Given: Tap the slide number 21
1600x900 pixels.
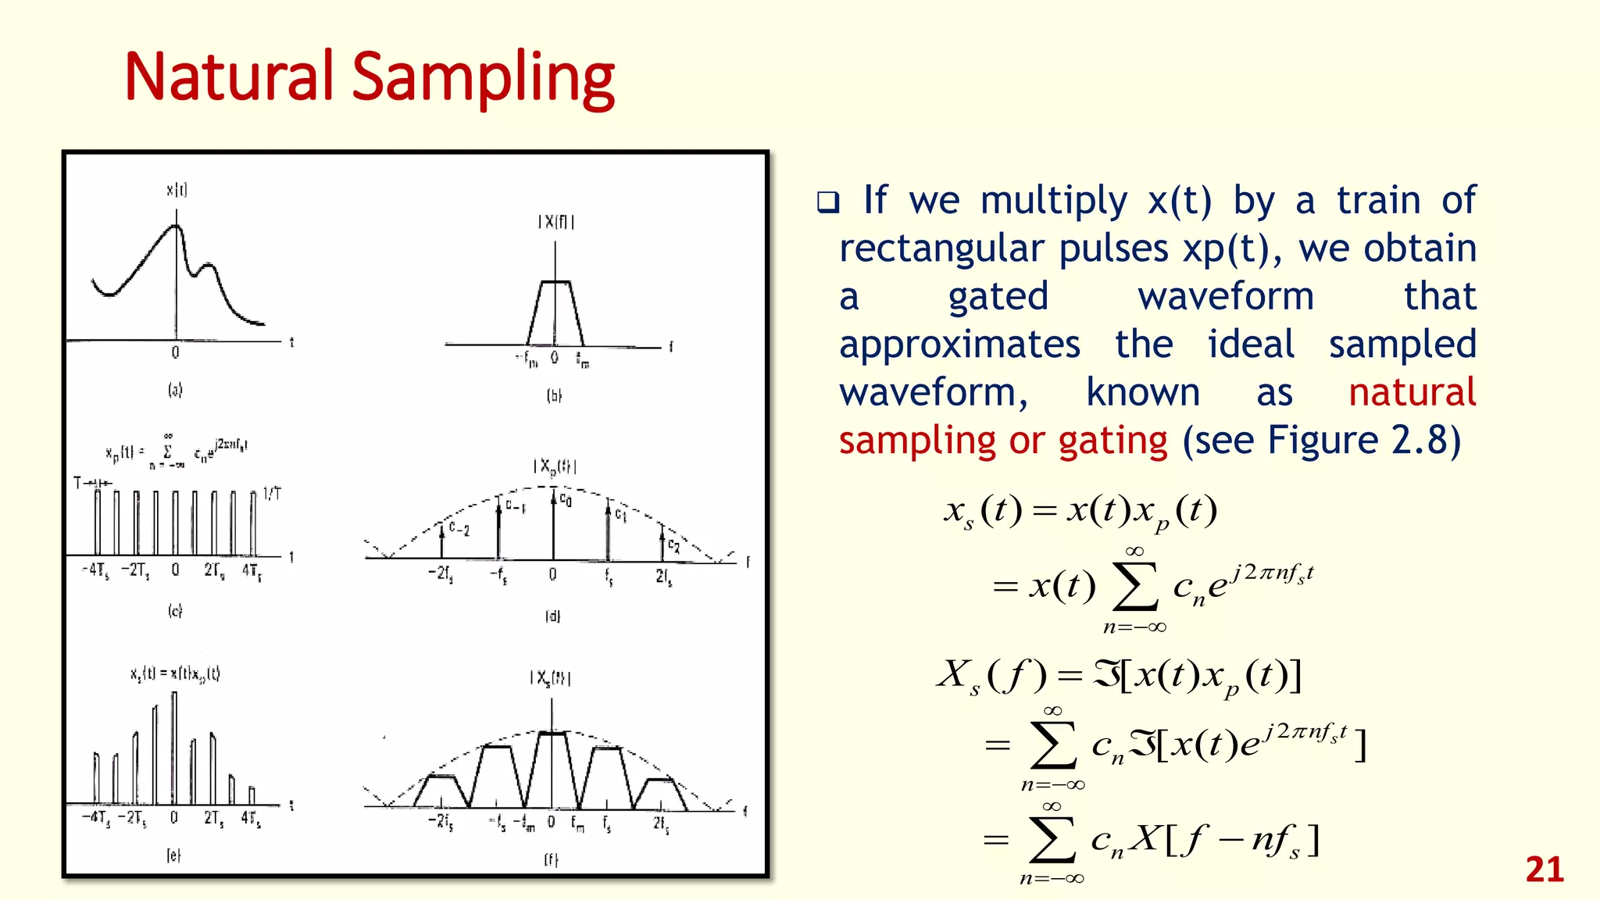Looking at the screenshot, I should click(1544, 870).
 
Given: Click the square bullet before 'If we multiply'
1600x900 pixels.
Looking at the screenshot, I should click(827, 202).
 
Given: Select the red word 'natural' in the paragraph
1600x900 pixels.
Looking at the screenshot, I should click(1412, 392).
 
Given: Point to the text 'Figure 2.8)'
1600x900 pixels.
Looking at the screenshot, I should click(1363, 441).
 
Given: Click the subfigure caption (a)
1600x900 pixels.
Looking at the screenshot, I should click(175, 389).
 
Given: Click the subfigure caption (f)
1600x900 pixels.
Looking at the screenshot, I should click(552, 859).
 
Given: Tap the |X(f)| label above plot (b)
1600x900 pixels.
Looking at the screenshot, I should click(555, 222).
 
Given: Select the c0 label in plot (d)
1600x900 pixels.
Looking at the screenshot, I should click(566, 498).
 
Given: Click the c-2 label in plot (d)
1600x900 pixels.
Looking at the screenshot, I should click(459, 530).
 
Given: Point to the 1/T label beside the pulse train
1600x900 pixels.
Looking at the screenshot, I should click(272, 494).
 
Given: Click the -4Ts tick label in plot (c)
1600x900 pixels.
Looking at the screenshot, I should click(95, 570).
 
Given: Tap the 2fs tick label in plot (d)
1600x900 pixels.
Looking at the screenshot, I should click(663, 577).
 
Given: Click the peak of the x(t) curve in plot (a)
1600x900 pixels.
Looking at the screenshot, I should click(177, 226).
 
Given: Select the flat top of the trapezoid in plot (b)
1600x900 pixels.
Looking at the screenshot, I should click(555, 281).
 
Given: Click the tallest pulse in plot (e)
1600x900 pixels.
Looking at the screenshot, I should click(173, 746).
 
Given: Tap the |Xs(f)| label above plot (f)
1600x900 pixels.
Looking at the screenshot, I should click(551, 678).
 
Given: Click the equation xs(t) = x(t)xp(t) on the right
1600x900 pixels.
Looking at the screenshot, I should click(1080, 511).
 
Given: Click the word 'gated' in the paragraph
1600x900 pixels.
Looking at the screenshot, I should click(998, 297).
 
